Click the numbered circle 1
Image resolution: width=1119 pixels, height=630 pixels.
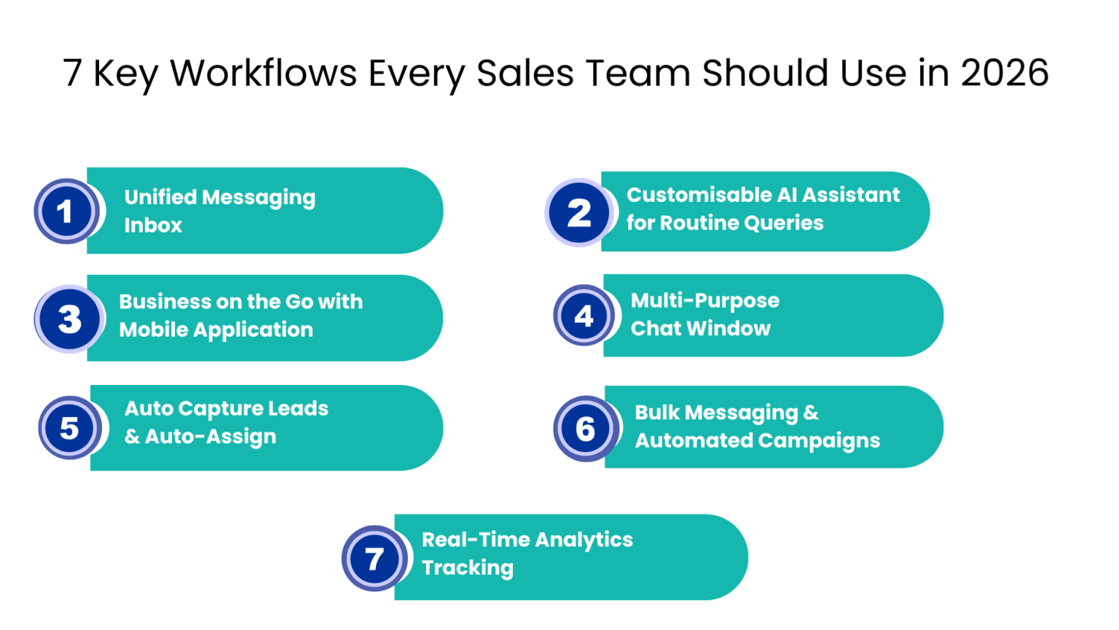66,211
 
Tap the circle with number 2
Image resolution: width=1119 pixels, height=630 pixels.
578,212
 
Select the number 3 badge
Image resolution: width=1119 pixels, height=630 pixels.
69,319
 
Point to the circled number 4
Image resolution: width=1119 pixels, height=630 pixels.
584,316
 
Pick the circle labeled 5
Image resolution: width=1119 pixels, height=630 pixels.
70,428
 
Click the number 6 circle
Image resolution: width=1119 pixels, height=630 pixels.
586,429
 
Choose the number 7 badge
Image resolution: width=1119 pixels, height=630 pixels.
374,559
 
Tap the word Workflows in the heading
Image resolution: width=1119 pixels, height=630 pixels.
264,73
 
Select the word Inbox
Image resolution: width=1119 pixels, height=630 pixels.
153,225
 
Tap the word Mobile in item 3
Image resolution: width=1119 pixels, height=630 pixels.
153,330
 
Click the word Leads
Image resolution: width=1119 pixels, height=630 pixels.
298,408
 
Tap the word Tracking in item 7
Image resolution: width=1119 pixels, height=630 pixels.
468,568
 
